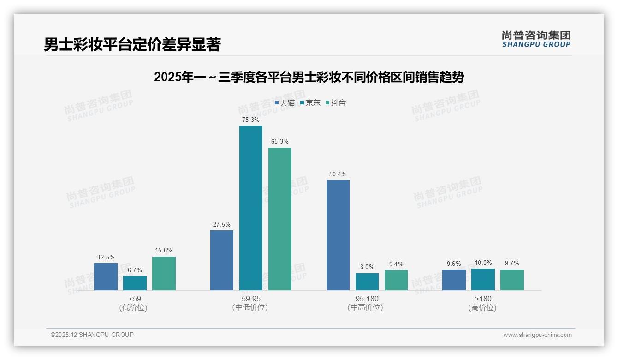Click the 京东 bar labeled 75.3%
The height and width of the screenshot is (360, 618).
pos(250,208)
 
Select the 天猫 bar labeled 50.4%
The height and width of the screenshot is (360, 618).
pos(338,235)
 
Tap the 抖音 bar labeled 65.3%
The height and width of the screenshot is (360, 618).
pos(280,219)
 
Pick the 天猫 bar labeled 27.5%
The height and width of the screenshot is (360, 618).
pos(222,260)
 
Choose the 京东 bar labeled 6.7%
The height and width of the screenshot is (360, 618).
pos(135,283)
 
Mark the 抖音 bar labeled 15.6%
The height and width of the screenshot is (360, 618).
pos(164,273)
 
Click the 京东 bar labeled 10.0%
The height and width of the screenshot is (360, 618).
pos(483,279)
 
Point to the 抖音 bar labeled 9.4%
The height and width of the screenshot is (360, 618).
pos(396,280)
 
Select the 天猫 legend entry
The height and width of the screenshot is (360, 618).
pos(285,103)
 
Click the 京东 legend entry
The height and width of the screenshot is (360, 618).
pos(310,103)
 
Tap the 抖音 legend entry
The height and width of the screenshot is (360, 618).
pos(336,103)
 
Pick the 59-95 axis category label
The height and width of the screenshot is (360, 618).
pos(250,303)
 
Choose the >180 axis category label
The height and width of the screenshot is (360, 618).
pos(482,303)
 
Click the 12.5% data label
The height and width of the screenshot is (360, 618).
pos(106,257)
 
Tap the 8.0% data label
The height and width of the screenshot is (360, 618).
pos(367,267)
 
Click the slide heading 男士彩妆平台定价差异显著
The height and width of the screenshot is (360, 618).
pos(132,44)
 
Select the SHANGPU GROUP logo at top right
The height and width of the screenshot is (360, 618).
pos(536,39)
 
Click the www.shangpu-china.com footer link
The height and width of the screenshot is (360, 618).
pos(537,335)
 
